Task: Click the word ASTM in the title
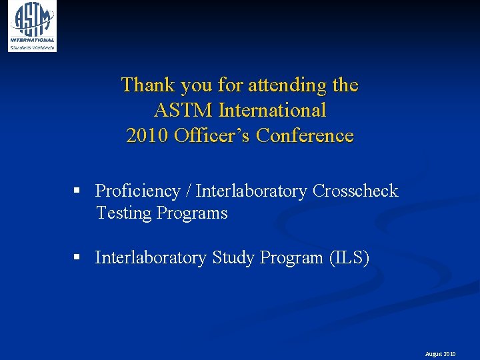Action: point(178,110)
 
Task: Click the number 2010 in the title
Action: point(147,135)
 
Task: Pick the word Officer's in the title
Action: point(212,135)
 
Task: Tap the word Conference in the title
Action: point(305,135)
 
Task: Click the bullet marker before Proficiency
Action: point(77,191)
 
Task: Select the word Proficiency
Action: point(137,191)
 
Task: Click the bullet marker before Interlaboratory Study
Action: point(77,258)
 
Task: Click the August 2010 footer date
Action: point(440,354)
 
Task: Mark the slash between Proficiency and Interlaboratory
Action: point(189,191)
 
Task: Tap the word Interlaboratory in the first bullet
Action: point(251,191)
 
